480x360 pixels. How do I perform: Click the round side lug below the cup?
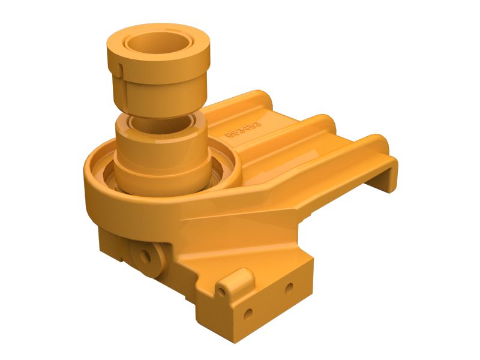click(146, 255)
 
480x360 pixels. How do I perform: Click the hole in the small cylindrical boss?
click(223, 291)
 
